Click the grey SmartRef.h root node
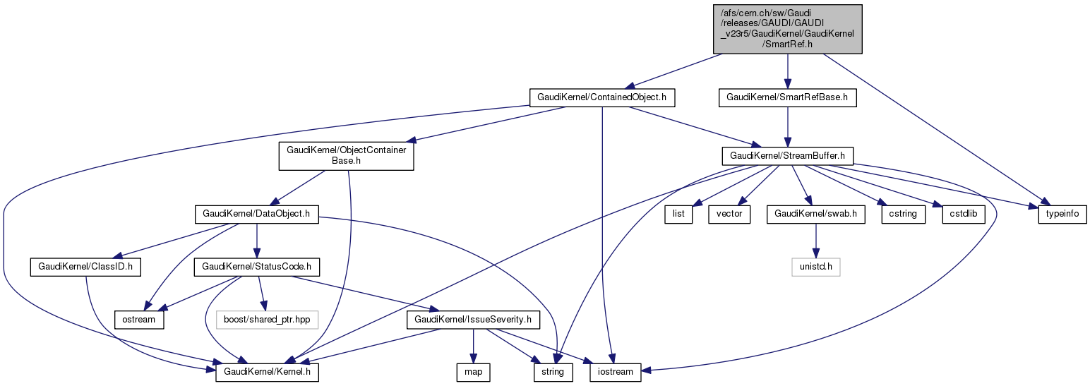point(787,28)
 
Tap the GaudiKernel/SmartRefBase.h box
point(787,97)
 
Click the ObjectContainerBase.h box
point(346,155)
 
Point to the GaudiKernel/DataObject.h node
point(257,213)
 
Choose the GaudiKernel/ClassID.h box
point(86,267)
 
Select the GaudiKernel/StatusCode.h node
point(257,267)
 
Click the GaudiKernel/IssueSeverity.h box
point(473,320)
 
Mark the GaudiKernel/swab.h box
point(816,213)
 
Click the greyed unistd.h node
point(816,267)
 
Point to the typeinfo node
point(1062,213)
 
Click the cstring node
point(903,213)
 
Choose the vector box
point(730,213)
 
